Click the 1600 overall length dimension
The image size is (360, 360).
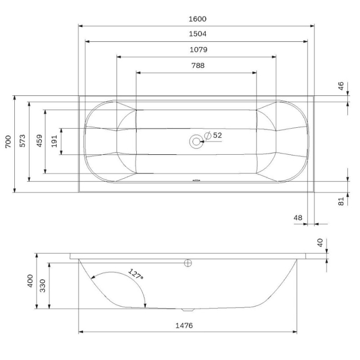point(197,19)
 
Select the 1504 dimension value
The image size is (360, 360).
point(197,34)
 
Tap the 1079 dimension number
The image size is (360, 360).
point(198,50)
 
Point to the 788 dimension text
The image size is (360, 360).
point(198,66)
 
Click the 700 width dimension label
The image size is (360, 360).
point(8,142)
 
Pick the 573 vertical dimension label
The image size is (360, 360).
point(22,141)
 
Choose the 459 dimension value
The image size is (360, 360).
point(39,141)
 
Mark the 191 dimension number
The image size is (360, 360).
point(54,141)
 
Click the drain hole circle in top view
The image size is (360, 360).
point(196,142)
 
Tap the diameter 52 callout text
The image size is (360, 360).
point(213,135)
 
